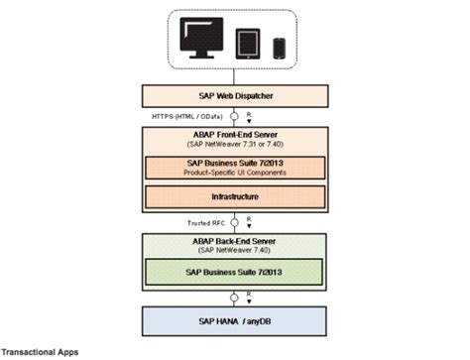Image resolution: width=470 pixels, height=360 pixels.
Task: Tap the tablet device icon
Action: (x=248, y=44)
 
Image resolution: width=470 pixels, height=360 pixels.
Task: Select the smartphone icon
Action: (x=279, y=48)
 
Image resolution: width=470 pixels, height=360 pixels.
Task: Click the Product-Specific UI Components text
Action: (x=236, y=171)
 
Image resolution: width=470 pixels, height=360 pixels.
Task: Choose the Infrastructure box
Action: (x=236, y=196)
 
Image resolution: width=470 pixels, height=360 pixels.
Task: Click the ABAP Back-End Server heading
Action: (x=236, y=241)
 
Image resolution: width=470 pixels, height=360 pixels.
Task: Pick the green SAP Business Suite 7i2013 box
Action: (x=236, y=272)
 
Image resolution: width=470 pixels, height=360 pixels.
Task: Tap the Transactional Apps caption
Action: (x=40, y=351)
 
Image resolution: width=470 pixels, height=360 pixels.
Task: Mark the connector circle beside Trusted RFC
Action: (x=236, y=222)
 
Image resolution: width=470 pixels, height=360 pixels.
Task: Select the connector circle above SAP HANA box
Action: (x=236, y=300)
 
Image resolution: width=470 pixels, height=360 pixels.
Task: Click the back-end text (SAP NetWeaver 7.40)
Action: (x=236, y=251)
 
